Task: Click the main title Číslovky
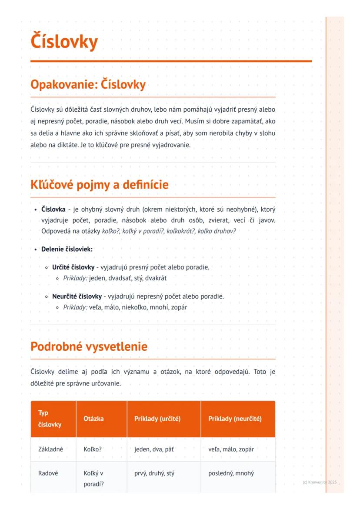pyautogui.click(x=64, y=42)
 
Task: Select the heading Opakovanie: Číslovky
pyautogui.click(x=88, y=84)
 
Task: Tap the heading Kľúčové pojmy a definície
pyautogui.click(x=99, y=185)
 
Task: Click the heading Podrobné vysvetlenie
pyautogui.click(x=89, y=346)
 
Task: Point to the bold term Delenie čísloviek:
pyautogui.click(x=67, y=249)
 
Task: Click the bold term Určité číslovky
pyautogui.click(x=73, y=267)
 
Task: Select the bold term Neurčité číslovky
pyautogui.click(x=77, y=296)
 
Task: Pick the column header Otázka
pyautogui.click(x=93, y=419)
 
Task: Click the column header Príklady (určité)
pyautogui.click(x=157, y=419)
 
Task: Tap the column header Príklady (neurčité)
pyautogui.click(x=235, y=419)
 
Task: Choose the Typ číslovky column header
pyautogui.click(x=49, y=419)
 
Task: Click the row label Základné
pyautogui.click(x=50, y=449)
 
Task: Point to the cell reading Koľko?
pyautogui.click(x=92, y=449)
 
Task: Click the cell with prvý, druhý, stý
pyautogui.click(x=154, y=473)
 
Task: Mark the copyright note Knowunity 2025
pyautogui.click(x=320, y=482)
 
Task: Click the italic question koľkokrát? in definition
pyautogui.click(x=179, y=231)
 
